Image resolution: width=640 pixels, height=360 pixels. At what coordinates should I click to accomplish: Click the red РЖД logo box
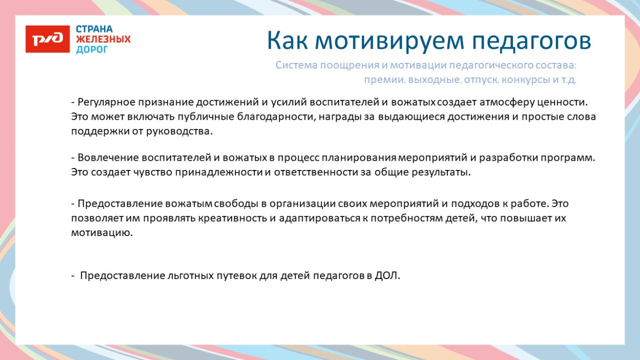48,39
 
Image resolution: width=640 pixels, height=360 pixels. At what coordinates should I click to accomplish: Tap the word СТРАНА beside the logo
94,29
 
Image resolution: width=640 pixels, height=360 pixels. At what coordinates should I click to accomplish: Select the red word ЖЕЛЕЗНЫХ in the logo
103,39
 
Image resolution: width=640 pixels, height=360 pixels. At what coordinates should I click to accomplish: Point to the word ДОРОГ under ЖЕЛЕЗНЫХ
92,50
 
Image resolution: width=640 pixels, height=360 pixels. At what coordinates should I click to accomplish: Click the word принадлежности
219,172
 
